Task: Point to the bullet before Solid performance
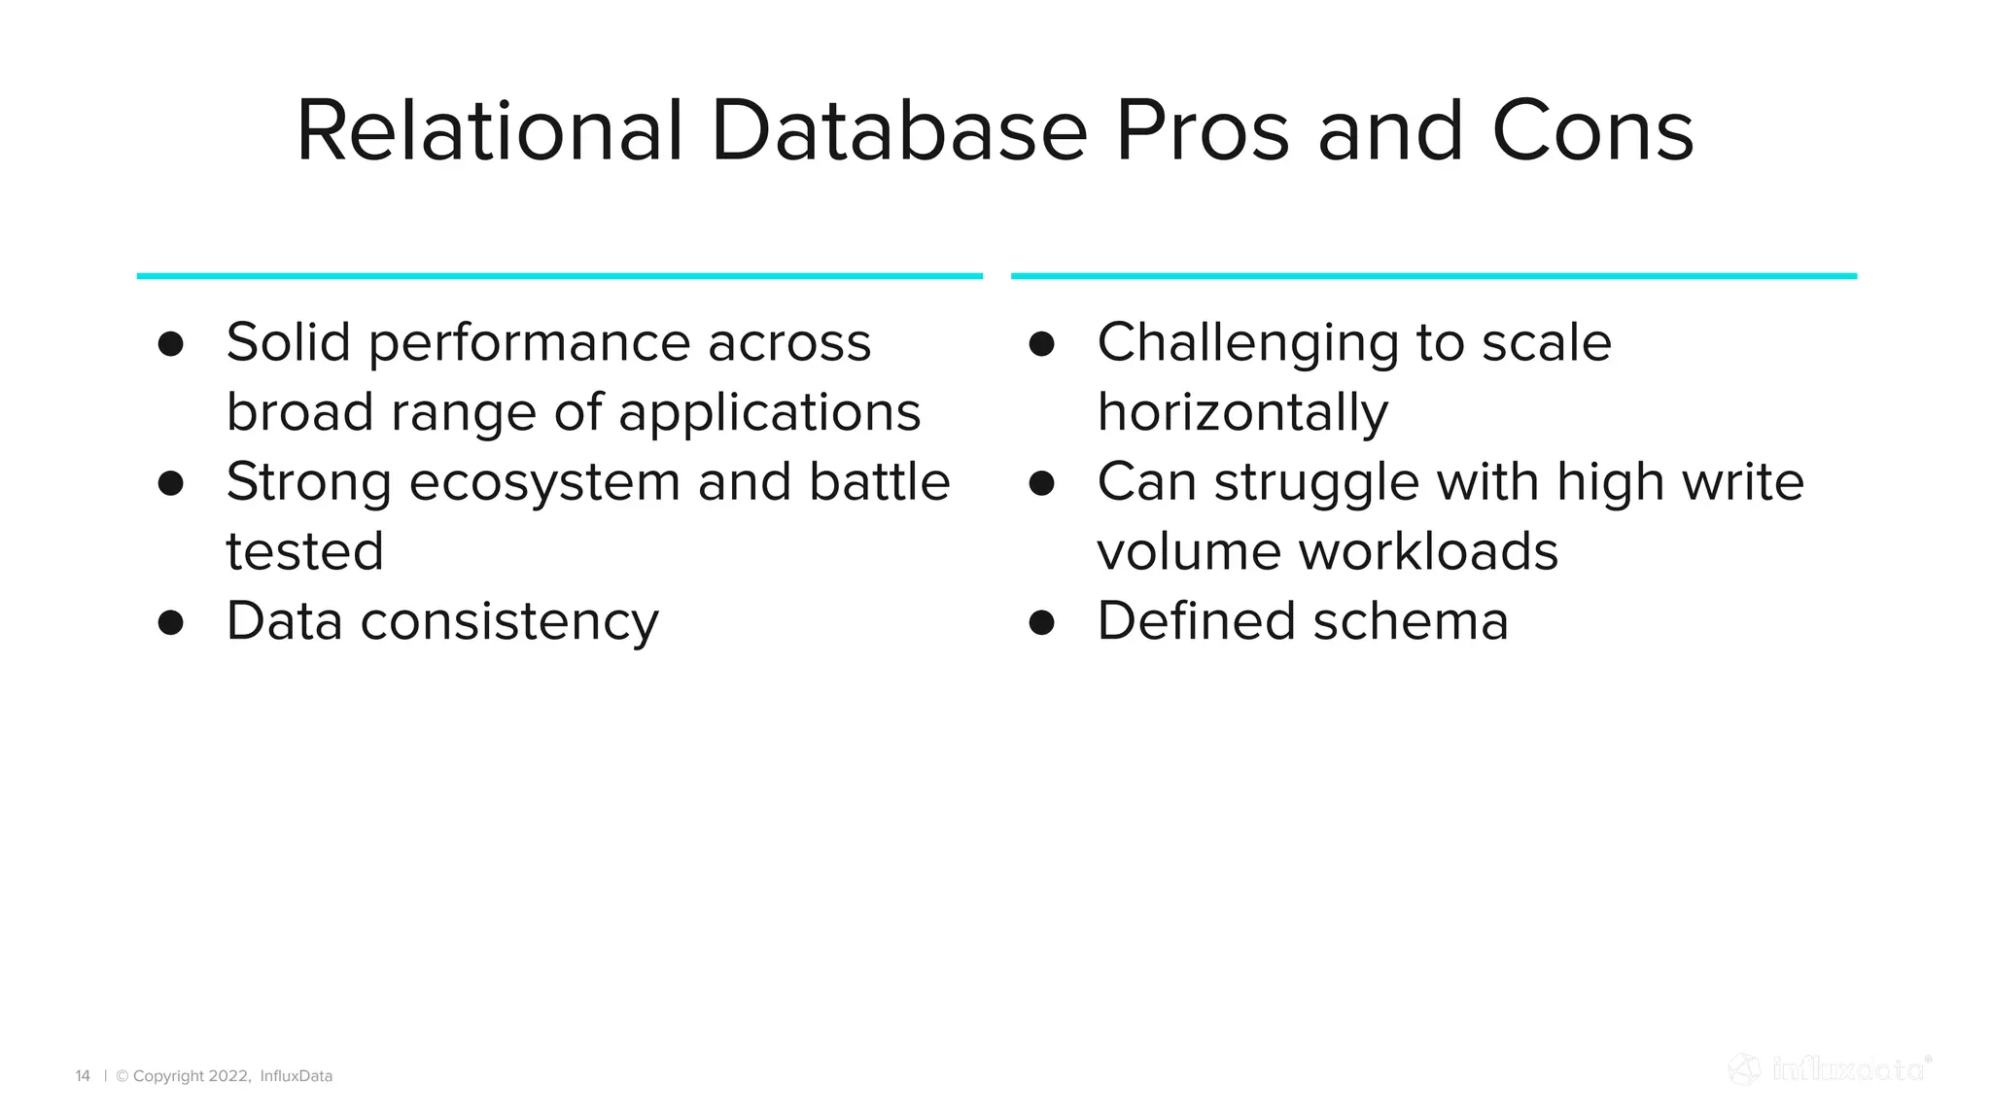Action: tap(171, 344)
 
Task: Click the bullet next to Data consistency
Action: tap(171, 623)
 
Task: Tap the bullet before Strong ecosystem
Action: tap(171, 483)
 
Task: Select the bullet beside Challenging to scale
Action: tap(1041, 344)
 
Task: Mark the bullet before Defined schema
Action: tap(1041, 623)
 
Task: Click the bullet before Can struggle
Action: tap(1041, 483)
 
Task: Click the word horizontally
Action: tap(1242, 413)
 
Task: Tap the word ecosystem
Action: tap(544, 483)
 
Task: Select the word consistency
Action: tap(509, 622)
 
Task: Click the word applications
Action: tap(769, 413)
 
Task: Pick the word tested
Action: tap(304, 551)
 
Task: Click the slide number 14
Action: tap(83, 1076)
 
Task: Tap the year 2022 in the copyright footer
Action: tap(229, 1076)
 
